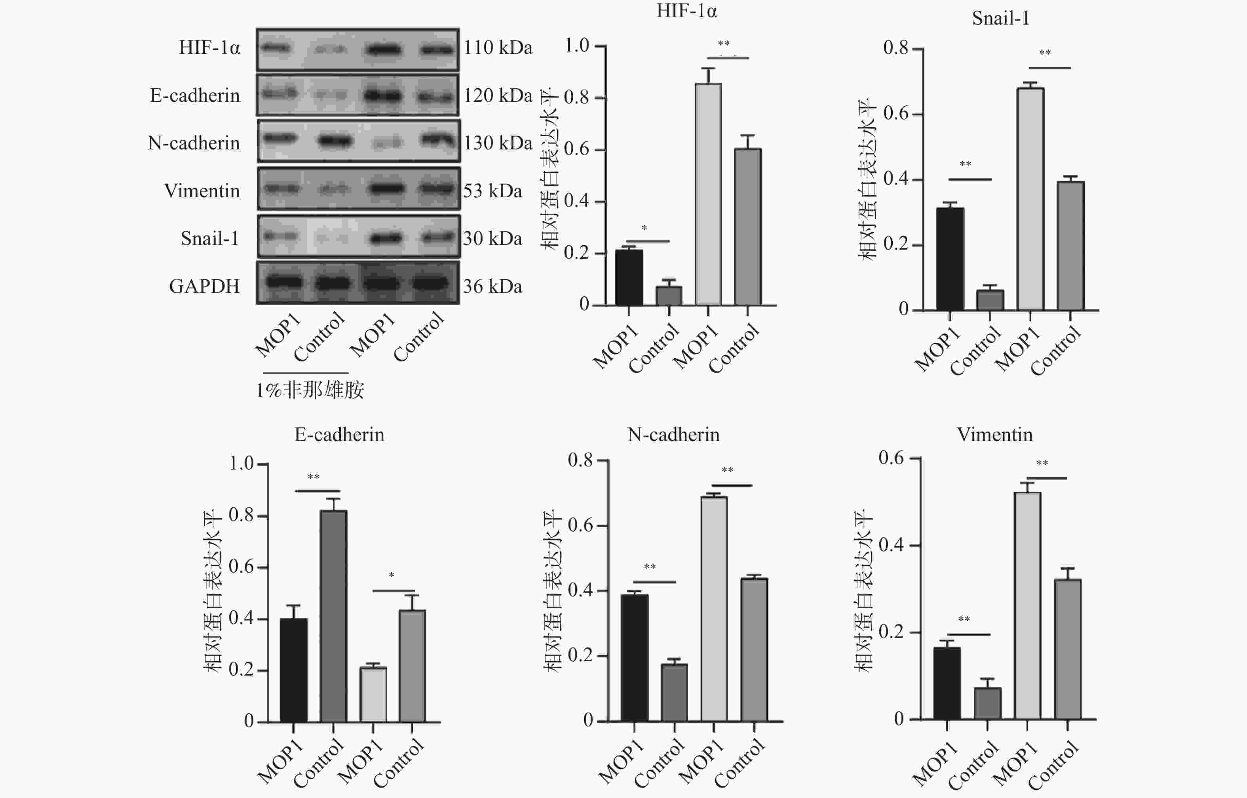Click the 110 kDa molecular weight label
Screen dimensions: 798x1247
point(498,48)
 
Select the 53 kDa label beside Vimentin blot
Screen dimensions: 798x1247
point(492,191)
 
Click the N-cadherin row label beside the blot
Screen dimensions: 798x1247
point(194,143)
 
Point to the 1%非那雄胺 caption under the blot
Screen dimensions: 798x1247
point(310,389)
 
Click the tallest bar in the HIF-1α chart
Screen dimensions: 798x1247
point(708,194)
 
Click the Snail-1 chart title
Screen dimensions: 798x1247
point(1000,19)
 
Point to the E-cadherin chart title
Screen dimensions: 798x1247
point(339,434)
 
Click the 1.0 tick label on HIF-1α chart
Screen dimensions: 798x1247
point(576,46)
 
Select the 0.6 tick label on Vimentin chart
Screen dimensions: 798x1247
point(891,458)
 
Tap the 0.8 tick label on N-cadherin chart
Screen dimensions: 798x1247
point(580,460)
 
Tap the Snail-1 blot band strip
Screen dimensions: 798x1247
point(358,237)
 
